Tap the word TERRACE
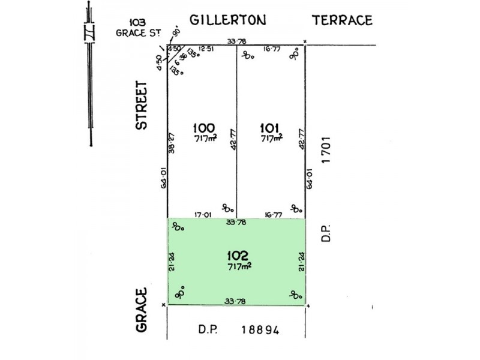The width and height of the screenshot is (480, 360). coord(343,20)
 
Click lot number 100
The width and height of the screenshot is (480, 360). coord(204,127)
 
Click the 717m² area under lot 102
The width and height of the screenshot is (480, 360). coord(238,266)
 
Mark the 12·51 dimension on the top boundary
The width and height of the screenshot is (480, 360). coord(206,49)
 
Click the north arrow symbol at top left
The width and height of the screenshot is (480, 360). coord(91,72)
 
